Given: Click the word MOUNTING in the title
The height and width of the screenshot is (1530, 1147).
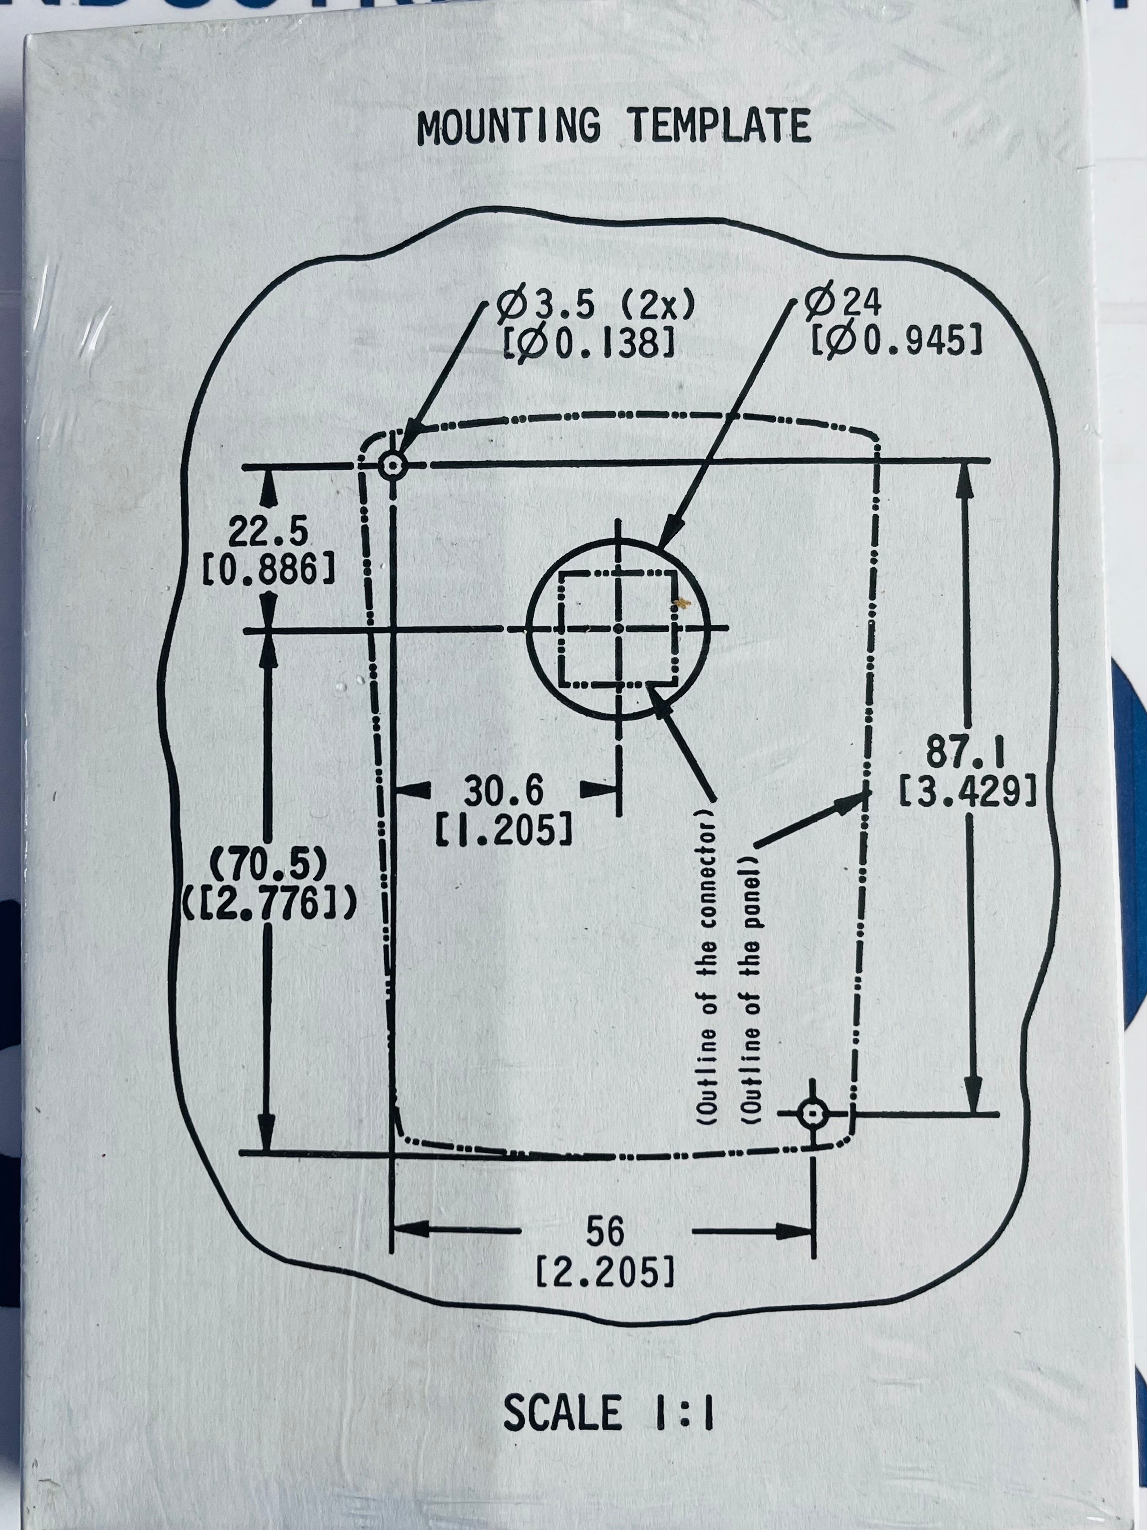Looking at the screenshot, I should click(x=509, y=127).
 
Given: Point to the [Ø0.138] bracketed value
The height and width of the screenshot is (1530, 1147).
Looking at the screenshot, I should click(x=588, y=342).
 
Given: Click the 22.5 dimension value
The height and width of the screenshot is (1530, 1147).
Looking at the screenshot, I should click(x=268, y=533).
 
